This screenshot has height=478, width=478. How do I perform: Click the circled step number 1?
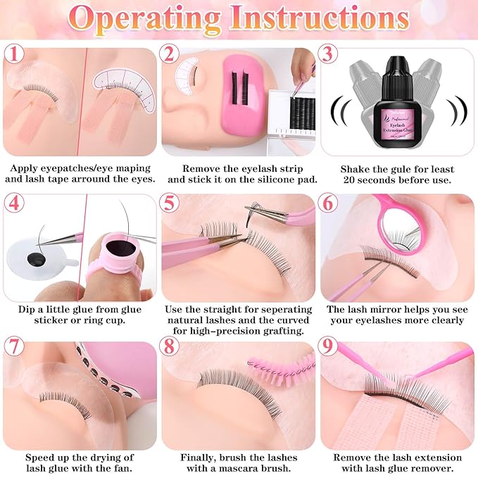pos(14,54)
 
